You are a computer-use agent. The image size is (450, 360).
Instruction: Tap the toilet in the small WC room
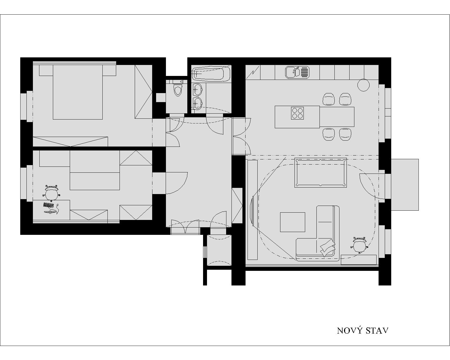(x=178, y=90)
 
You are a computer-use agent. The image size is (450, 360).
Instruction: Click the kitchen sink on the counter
(x=293, y=72)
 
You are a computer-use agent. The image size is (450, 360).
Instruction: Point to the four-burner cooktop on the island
(x=297, y=113)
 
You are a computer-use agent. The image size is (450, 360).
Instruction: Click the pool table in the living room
(x=321, y=173)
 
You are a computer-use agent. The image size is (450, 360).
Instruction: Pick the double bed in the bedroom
(x=78, y=92)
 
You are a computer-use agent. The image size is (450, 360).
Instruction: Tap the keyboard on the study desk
(x=48, y=205)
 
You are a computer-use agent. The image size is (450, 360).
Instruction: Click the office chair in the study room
(x=51, y=193)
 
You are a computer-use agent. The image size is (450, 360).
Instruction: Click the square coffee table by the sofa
(x=292, y=222)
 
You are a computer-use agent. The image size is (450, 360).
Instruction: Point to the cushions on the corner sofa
(x=327, y=247)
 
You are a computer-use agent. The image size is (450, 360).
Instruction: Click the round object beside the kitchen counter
(x=363, y=85)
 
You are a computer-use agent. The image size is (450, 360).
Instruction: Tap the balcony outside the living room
(x=405, y=185)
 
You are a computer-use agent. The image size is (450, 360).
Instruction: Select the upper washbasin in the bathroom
(x=197, y=89)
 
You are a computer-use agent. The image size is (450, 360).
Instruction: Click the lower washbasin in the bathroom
(x=197, y=103)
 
